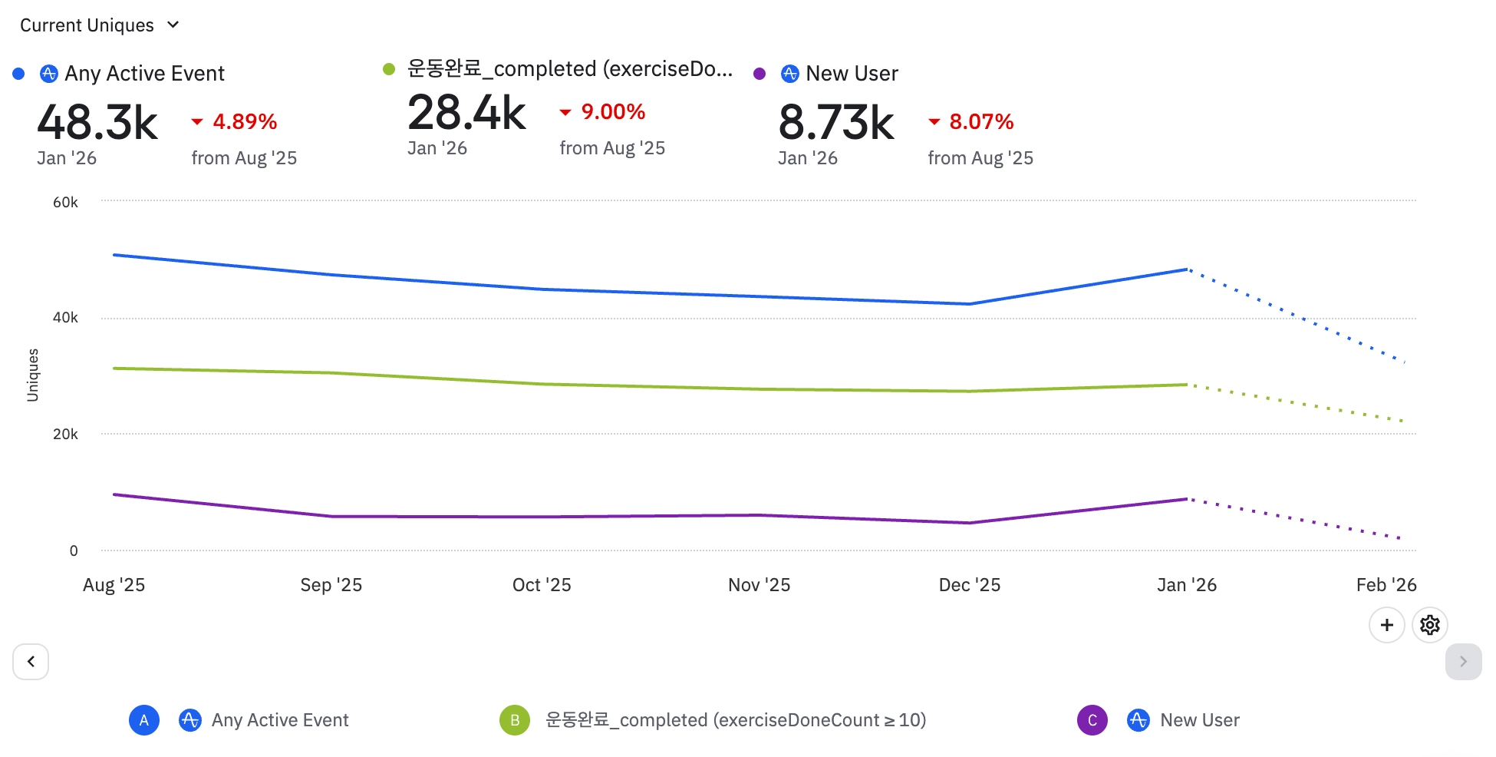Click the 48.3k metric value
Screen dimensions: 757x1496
pyautogui.click(x=97, y=123)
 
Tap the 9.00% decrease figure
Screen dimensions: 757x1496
pyautogui.click(x=612, y=112)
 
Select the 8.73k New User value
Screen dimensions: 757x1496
pyautogui.click(x=836, y=123)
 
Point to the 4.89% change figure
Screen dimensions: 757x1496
pyautogui.click(x=244, y=122)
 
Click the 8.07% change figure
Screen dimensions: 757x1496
pyautogui.click(x=980, y=122)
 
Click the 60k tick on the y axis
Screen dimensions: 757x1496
pyautogui.click(x=65, y=203)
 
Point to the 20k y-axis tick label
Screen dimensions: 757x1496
pyautogui.click(x=65, y=435)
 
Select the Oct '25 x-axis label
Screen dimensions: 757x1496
pyautogui.click(x=542, y=585)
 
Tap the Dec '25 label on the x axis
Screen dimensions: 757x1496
pyautogui.click(x=969, y=585)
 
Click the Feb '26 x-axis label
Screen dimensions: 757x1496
pyautogui.click(x=1386, y=585)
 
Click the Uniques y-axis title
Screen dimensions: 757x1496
pyautogui.click(x=33, y=375)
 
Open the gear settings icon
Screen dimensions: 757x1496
pyautogui.click(x=1429, y=625)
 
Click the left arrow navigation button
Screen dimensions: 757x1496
pyautogui.click(x=31, y=662)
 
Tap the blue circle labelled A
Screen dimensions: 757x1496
pyautogui.click(x=144, y=720)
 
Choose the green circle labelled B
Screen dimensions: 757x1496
pyautogui.click(x=515, y=720)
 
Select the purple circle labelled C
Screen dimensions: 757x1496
pyautogui.click(x=1092, y=720)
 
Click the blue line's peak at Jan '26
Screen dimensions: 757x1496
pyautogui.click(x=1187, y=269)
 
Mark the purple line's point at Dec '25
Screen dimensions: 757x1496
pyautogui.click(x=970, y=523)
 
